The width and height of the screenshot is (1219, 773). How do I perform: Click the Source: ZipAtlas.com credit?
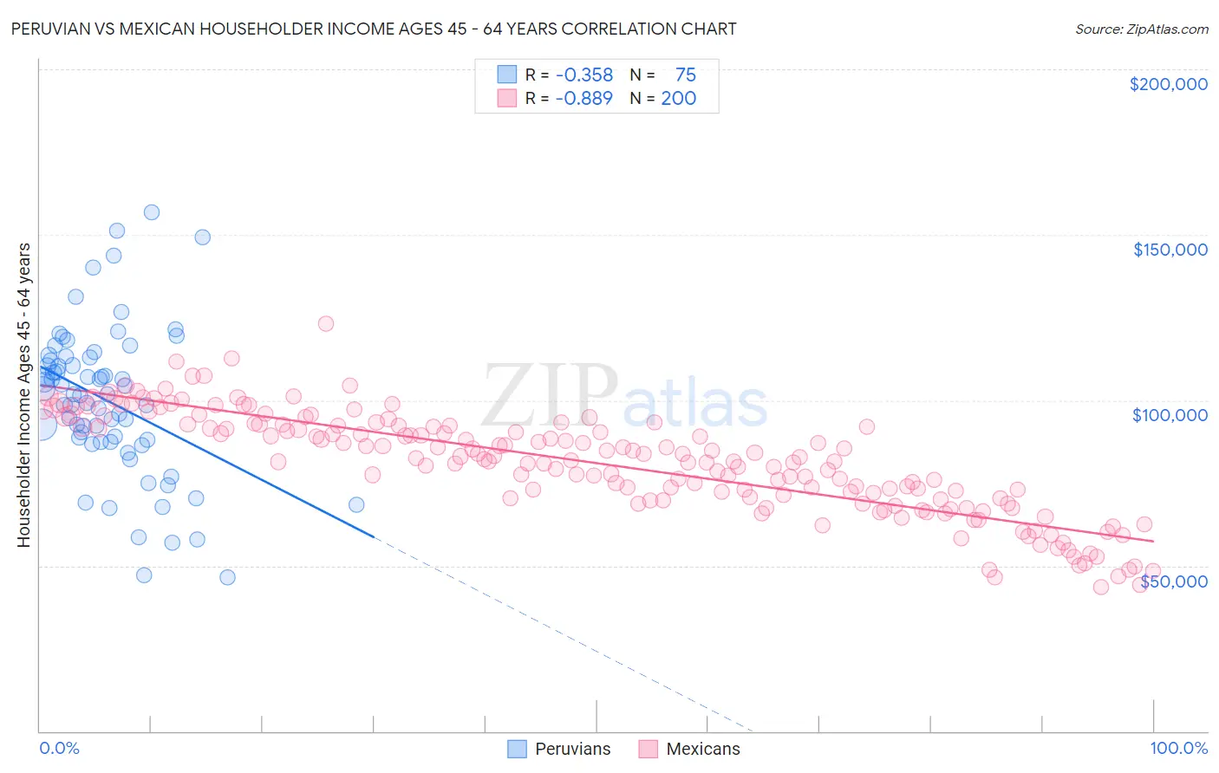pyautogui.click(x=1141, y=29)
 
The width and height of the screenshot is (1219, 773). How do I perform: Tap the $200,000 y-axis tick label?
pyautogui.click(x=1168, y=84)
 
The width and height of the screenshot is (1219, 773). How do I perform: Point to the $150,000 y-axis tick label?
pyautogui.click(x=1170, y=250)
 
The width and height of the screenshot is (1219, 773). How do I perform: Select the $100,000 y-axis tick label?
pyautogui.click(x=1170, y=415)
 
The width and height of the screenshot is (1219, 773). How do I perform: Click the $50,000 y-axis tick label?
pyautogui.click(x=1173, y=581)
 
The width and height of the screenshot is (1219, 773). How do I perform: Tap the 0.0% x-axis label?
pyautogui.click(x=59, y=748)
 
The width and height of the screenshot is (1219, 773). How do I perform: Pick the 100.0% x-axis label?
pyautogui.click(x=1178, y=748)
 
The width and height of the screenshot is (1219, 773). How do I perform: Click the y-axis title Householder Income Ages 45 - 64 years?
pyautogui.click(x=23, y=395)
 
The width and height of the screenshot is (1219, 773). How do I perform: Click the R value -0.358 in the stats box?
pyautogui.click(x=583, y=75)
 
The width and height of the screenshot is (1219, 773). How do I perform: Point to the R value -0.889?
pyautogui.click(x=583, y=99)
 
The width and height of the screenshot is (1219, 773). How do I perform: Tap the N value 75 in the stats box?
pyautogui.click(x=685, y=75)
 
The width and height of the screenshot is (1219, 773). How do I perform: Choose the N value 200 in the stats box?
pyautogui.click(x=678, y=99)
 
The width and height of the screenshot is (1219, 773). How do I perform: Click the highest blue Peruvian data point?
pyautogui.click(x=151, y=212)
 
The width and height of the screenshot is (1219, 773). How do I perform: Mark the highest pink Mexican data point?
pyautogui.click(x=326, y=323)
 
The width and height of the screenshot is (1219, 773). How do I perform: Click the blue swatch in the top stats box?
pyautogui.click(x=506, y=75)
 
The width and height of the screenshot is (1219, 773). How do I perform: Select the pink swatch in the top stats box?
pyautogui.click(x=506, y=98)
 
